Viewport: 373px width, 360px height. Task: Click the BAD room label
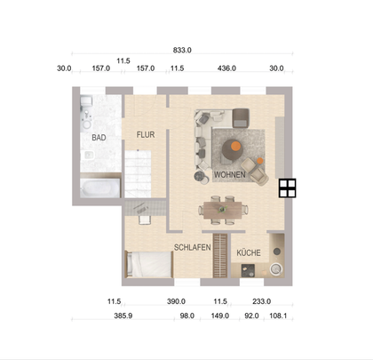pyautogui.click(x=99, y=138)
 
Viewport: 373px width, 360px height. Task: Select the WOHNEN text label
pyautogui.click(x=229, y=175)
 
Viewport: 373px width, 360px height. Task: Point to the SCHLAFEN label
pyautogui.click(x=192, y=247)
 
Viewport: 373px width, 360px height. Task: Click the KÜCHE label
pyautogui.click(x=248, y=252)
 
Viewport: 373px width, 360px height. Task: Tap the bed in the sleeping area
pyautogui.click(x=148, y=263)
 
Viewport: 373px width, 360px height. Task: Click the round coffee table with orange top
pyautogui.click(x=234, y=148)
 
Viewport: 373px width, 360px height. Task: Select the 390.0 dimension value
pyautogui.click(x=176, y=301)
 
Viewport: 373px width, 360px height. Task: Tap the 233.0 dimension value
pyautogui.click(x=261, y=301)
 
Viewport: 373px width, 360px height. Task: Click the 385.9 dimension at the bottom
pyautogui.click(x=119, y=316)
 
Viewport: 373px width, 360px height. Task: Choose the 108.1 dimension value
pyautogui.click(x=279, y=316)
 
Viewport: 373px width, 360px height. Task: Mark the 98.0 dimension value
pyautogui.click(x=187, y=316)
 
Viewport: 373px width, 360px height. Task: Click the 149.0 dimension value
pyautogui.click(x=220, y=316)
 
